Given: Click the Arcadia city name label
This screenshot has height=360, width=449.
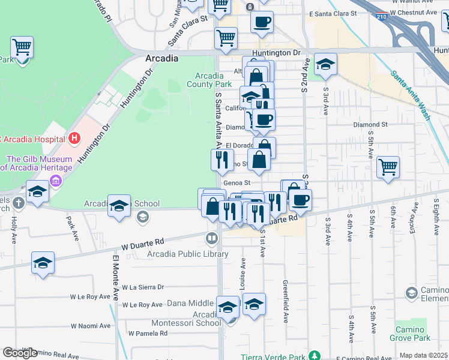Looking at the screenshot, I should [161, 58].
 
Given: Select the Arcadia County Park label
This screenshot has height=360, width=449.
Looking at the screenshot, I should [217, 80].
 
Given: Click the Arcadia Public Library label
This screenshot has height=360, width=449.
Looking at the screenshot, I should [188, 254].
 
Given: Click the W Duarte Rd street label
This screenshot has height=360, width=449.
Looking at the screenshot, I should [142, 242].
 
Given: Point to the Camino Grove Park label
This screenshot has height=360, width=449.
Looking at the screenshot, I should [411, 334].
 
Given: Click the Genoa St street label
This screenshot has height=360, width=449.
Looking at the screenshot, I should [235, 183].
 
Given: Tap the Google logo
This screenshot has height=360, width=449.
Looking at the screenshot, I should [19, 353].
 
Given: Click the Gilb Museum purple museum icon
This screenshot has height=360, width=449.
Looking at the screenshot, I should [55, 181].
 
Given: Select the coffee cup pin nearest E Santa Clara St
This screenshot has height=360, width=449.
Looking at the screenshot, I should [262, 22].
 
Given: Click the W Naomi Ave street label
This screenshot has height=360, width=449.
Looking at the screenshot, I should [90, 326].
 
